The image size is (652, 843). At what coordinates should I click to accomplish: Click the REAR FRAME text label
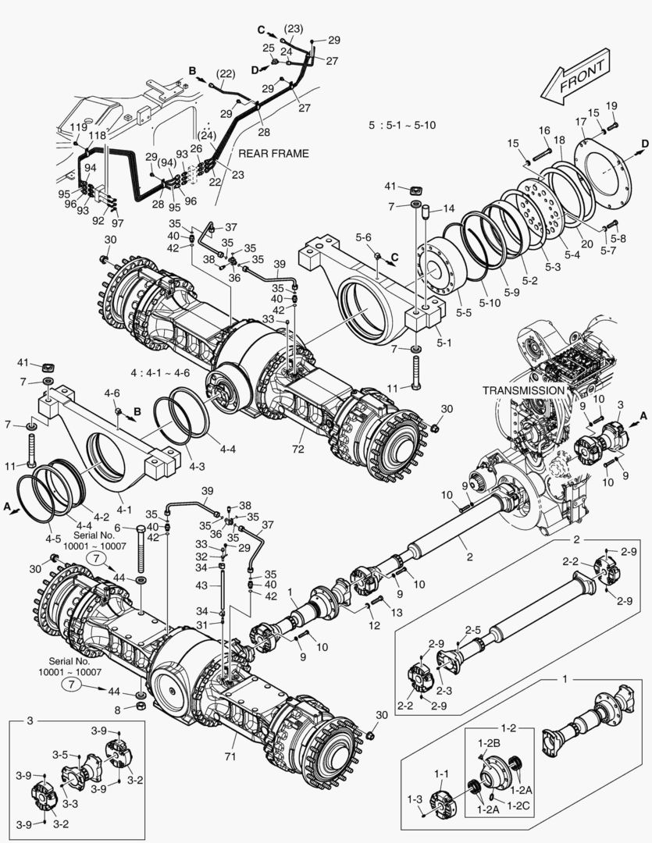(273, 153)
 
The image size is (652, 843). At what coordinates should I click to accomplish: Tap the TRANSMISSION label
(522, 390)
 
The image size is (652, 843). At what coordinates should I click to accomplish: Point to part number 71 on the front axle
(230, 756)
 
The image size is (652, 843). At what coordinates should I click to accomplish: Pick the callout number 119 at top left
(78, 127)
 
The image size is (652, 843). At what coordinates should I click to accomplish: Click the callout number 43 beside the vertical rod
(201, 585)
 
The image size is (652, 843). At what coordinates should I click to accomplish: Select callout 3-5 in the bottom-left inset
(60, 754)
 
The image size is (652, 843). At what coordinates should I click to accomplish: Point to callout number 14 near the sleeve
(448, 208)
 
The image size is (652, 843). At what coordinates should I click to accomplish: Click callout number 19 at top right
(611, 105)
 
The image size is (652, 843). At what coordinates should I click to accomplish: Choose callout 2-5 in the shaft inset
(473, 629)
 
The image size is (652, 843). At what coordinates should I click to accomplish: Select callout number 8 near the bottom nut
(118, 710)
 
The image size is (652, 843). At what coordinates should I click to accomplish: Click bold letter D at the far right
(645, 144)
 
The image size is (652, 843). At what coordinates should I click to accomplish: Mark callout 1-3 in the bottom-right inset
(415, 799)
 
